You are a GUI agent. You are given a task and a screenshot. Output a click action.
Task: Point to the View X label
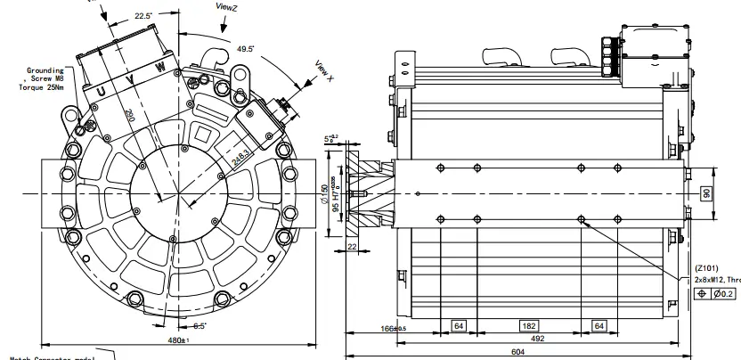pos(324,72)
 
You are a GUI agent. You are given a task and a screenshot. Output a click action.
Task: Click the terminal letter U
pos(102,92)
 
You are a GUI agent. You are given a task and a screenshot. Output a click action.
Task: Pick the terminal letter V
pos(134,79)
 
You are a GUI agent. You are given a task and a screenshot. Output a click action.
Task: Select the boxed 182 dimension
pos(528,326)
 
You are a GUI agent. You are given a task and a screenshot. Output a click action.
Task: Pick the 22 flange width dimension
pos(353,247)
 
